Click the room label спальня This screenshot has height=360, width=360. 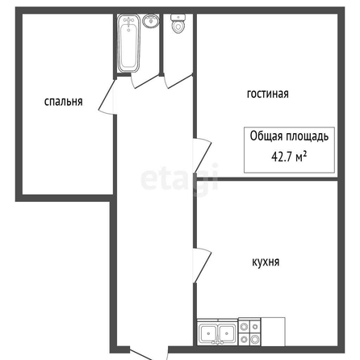click(x=63, y=102)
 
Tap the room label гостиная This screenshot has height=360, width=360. click(x=268, y=94)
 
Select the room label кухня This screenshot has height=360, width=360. click(x=266, y=262)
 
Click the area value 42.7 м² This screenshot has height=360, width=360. click(x=289, y=157)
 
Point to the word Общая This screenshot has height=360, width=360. click(x=266, y=136)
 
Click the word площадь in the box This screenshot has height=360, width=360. click(x=307, y=136)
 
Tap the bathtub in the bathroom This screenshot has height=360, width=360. click(x=129, y=44)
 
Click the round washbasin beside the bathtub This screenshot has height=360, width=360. click(x=151, y=21)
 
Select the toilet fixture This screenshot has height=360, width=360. click(x=178, y=23)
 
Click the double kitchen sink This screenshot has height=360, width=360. click(x=217, y=333)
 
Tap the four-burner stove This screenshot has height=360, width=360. click(x=249, y=333)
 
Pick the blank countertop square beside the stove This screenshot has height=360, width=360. click(x=273, y=332)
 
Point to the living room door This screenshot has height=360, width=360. click(x=203, y=156)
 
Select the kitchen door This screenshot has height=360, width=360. click(x=203, y=266)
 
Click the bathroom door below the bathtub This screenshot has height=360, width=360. click(x=145, y=81)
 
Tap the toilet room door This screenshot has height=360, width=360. click(x=179, y=81)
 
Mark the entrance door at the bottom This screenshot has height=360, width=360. click(x=149, y=354)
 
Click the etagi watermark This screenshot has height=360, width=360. click(x=179, y=178)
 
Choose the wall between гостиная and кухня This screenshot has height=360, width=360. click(x=267, y=179)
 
